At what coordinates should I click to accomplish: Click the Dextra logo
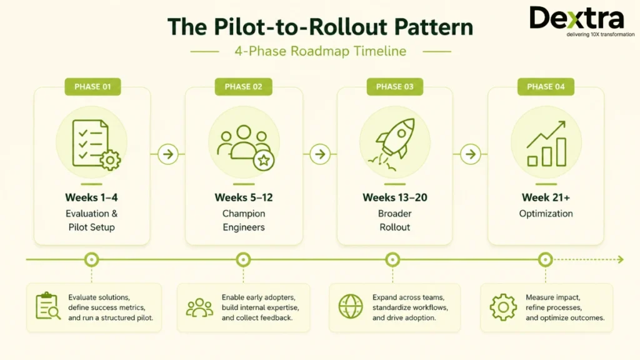[582, 21]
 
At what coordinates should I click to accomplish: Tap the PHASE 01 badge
[92, 86]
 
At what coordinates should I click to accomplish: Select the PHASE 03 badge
[395, 86]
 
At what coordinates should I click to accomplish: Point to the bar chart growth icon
[546, 144]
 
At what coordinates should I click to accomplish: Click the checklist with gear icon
[96, 144]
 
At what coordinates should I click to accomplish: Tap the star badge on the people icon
[264, 160]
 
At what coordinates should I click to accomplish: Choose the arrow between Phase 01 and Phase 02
[167, 154]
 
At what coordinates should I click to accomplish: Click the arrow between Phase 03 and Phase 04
[470, 154]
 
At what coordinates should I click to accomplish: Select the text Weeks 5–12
[244, 197]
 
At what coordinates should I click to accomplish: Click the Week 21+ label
[546, 197]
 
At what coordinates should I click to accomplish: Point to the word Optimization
[546, 214]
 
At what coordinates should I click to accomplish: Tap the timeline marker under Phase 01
[91, 259]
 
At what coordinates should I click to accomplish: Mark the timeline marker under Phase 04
[545, 259]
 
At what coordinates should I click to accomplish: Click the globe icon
[351, 306]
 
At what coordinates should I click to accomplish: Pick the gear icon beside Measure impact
[503, 307]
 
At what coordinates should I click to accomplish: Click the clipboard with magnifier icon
[47, 306]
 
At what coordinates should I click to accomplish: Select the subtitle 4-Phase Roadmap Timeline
[321, 51]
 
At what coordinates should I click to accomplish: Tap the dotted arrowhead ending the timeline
[621, 259]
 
